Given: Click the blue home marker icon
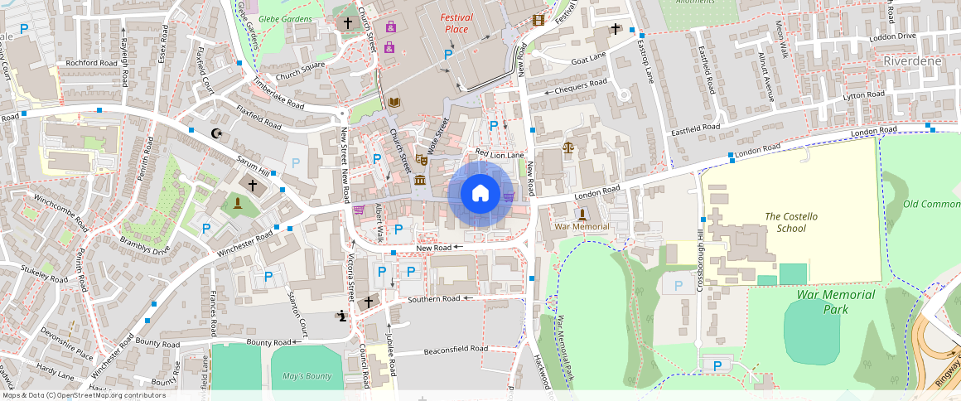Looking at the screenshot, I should click(480, 194).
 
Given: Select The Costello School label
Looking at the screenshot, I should click(790, 223).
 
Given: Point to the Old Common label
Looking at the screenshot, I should click(931, 204).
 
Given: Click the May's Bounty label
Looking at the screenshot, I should click(307, 376).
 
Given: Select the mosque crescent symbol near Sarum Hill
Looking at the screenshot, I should click(218, 133).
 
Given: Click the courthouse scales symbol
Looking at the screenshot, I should click(567, 147).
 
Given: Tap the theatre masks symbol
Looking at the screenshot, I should click(422, 159).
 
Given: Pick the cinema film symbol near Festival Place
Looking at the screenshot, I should click(539, 20).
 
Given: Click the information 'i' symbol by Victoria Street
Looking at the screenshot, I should click(342, 315).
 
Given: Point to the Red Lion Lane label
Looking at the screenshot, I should click(500, 154).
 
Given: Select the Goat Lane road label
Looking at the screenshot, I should click(589, 58).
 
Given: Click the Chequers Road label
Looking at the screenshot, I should click(581, 87).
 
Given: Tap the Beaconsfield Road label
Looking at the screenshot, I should click(456, 350).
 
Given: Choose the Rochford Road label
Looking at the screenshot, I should click(92, 63).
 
